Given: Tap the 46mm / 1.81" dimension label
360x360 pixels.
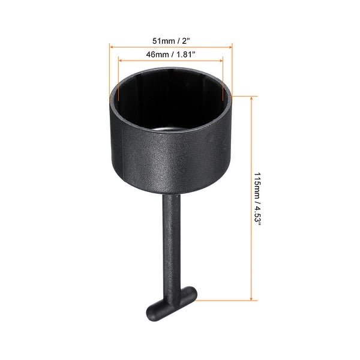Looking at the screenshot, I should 171,54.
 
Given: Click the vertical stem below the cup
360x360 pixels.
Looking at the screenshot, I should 172,240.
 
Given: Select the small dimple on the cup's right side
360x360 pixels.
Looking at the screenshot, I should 210,137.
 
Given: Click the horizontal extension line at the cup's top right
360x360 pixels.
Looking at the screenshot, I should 243,95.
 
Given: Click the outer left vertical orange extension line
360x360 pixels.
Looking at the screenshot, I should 109,72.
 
